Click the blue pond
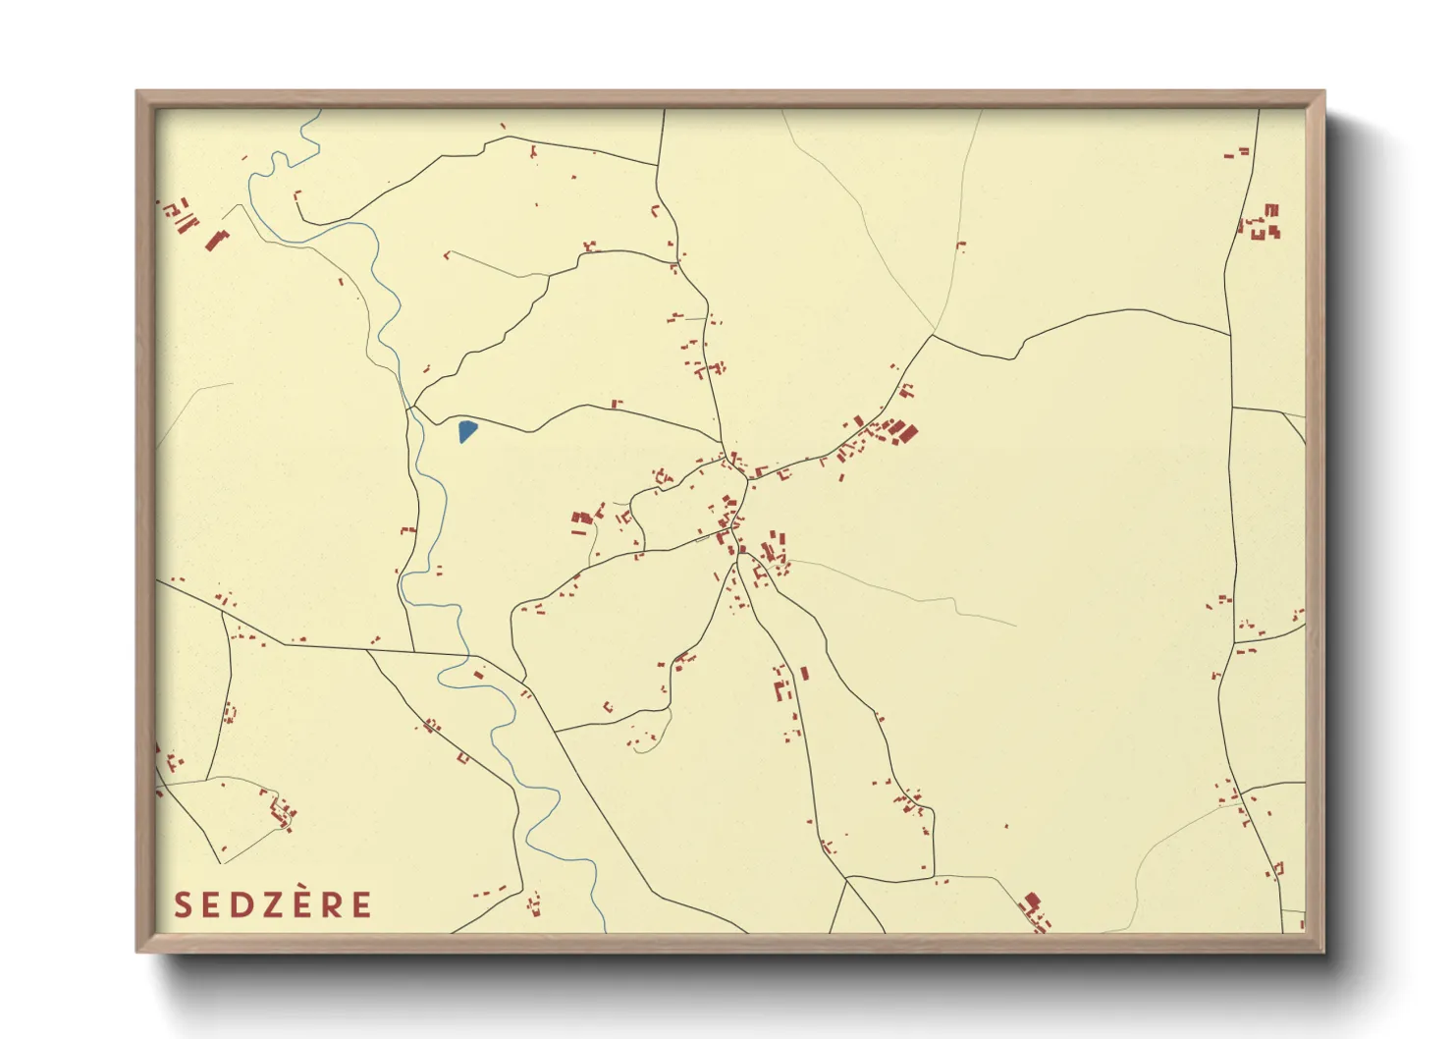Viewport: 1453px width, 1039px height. [x=467, y=430]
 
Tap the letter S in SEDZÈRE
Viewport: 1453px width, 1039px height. [x=183, y=904]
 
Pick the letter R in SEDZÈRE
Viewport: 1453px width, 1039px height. [x=333, y=904]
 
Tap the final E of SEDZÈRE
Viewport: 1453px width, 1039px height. [x=361, y=904]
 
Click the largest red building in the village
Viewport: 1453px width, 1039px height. [x=908, y=432]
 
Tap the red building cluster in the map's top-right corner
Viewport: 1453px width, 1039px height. [x=1265, y=224]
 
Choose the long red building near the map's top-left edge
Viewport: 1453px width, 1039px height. [x=215, y=240]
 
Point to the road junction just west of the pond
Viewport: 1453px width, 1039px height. [x=413, y=406]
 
